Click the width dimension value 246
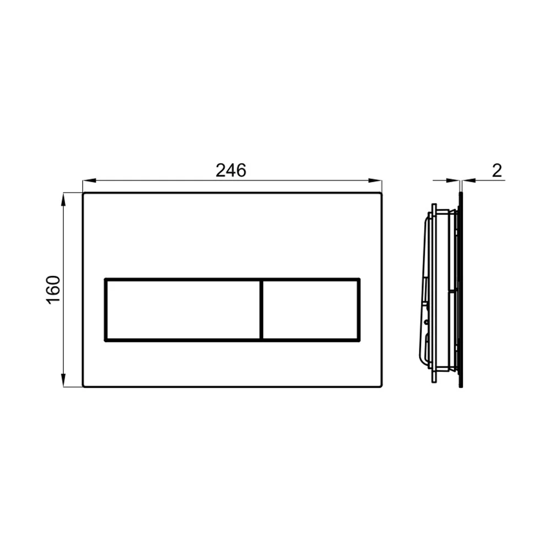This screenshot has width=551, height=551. coord(231,170)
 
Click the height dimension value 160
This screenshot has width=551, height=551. coord(54,290)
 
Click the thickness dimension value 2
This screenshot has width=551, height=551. coord(497,170)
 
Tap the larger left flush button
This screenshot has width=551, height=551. coord(183,310)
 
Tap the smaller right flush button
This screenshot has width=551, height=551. coord(311,310)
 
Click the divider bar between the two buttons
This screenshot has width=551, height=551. coord(261,310)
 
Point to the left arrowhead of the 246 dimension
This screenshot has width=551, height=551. coord(89,181)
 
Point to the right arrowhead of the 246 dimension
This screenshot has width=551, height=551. coord(375,181)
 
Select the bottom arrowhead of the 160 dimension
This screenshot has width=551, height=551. coord(63,380)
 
